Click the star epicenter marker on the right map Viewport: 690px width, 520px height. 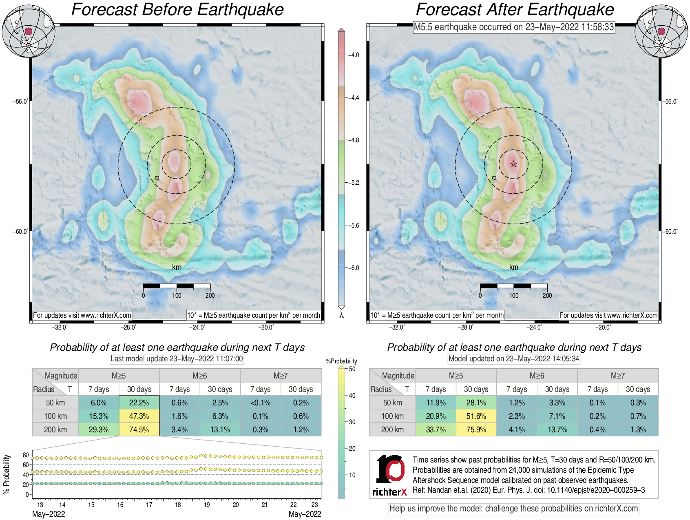pos(513,164)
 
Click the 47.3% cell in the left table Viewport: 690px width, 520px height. pos(139,416)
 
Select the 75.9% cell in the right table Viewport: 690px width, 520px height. pos(476,429)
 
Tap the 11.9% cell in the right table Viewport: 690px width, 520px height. pos(436,403)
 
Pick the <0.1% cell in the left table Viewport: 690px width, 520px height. pos(261,403)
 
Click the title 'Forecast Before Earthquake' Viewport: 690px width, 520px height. pos(177,9)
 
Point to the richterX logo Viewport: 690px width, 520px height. pos(390,475)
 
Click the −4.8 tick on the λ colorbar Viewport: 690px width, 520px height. pos(353,140)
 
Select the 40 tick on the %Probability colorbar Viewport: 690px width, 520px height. pos(352,395)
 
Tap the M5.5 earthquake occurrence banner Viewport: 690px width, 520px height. pos(513,27)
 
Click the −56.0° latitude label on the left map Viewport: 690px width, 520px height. pos(20,101)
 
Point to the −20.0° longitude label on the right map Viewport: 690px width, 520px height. pos(603,327)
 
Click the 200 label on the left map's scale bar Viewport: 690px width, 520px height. pos(210,295)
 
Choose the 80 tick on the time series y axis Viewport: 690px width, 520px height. pos(26,455)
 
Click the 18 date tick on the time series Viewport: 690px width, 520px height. pos(178,505)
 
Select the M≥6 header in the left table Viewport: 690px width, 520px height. pos(199,376)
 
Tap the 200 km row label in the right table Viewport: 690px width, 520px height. pos(392,429)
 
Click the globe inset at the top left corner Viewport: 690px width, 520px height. pos(29,31)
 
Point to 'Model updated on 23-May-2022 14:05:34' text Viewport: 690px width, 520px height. pos(514,358)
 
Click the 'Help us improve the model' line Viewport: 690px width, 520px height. pos(513,509)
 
